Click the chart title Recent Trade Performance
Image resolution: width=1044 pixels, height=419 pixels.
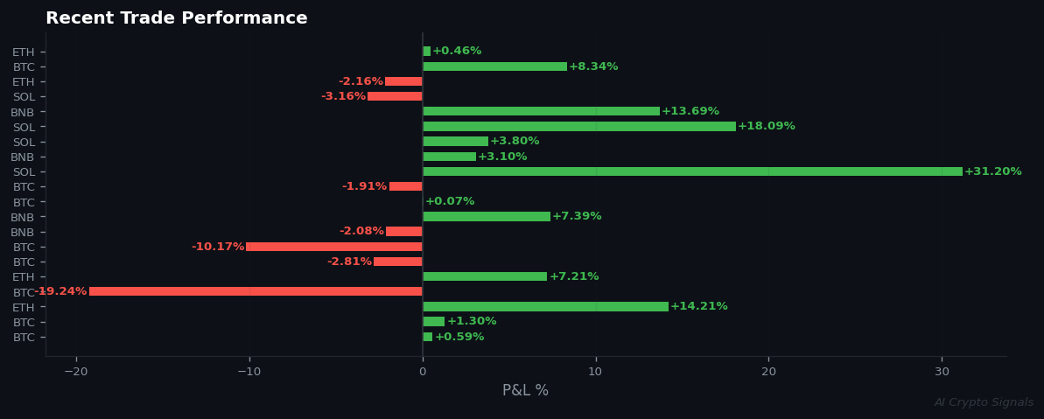tap(176, 18)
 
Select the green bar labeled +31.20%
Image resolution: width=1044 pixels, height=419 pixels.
tap(692, 171)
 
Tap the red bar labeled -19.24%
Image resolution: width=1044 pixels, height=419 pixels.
tap(256, 291)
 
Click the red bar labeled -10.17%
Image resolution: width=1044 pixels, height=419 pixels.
tap(333, 247)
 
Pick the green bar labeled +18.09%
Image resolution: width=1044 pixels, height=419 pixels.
tap(579, 127)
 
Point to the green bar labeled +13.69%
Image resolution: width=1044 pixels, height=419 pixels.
tap(541, 111)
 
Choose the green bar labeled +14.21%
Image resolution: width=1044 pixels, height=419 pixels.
tap(545, 306)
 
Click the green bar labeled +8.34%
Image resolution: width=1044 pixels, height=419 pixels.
tap(494, 66)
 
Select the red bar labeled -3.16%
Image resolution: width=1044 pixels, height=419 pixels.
tap(395, 96)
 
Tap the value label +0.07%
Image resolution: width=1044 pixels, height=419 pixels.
tap(450, 201)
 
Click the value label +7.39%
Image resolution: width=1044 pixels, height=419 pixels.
tap(577, 216)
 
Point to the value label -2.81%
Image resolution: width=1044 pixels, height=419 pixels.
tap(349, 262)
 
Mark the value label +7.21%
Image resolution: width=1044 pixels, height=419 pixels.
tap(574, 276)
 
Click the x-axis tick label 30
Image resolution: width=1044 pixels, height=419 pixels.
tap(942, 372)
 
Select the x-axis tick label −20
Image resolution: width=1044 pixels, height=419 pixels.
tap(75, 372)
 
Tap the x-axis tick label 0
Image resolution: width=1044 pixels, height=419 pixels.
tap(423, 372)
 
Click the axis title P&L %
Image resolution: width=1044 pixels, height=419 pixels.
tap(525, 391)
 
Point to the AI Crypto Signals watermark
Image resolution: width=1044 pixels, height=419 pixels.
tap(984, 402)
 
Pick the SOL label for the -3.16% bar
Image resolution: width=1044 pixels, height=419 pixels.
tap(24, 97)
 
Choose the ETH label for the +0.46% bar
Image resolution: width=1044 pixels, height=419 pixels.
tap(24, 52)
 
